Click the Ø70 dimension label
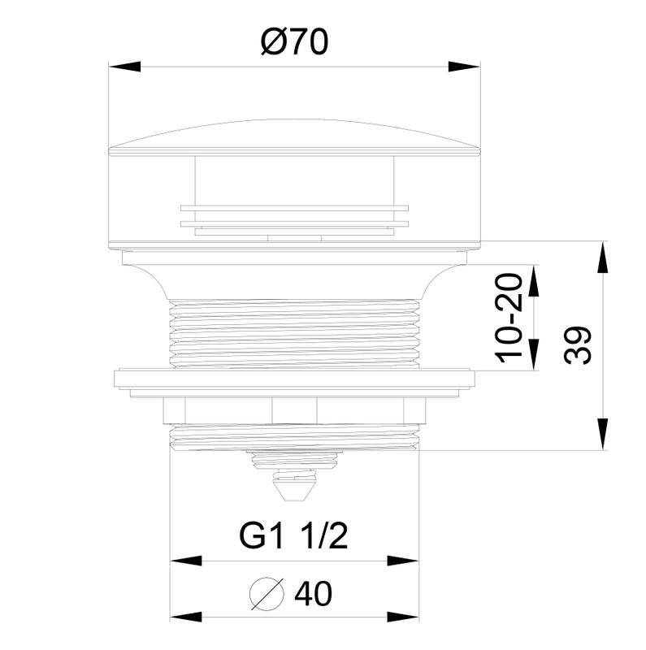pos(295,41)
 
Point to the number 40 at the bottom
pos(313,593)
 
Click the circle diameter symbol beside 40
pos(267,594)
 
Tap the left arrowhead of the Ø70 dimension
pos(124,67)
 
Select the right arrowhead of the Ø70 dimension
pos(464,67)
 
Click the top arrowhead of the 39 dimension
pos(602,257)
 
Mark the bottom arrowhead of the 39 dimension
pos(602,434)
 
